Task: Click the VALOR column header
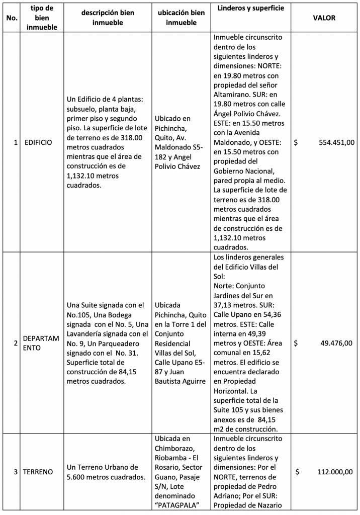pyautogui.click(x=324, y=18)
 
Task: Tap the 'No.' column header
pyautogui.click(x=11, y=18)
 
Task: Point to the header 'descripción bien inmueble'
pyautogui.click(x=108, y=18)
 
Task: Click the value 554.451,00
pyautogui.click(x=336, y=142)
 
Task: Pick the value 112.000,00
pyautogui.click(x=335, y=472)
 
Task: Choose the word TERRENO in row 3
pyautogui.click(x=38, y=472)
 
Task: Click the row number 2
pyautogui.click(x=16, y=344)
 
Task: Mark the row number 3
pyautogui.click(x=16, y=472)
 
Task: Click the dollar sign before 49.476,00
pyautogui.click(x=296, y=344)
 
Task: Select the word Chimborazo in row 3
pyautogui.click(x=176, y=448)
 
